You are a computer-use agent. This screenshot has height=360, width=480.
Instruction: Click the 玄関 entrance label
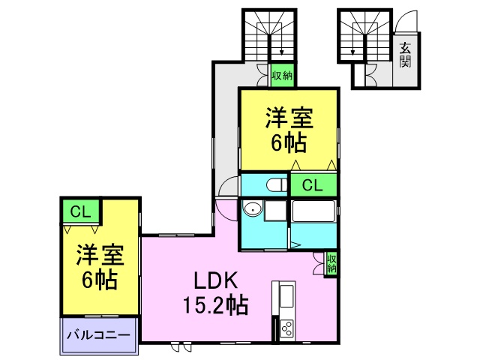(x=405, y=55)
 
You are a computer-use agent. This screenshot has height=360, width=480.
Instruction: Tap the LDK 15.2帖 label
(x=215, y=293)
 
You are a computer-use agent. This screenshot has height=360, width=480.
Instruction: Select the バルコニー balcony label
(x=98, y=335)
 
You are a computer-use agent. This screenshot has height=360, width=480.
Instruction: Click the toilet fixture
(x=276, y=185)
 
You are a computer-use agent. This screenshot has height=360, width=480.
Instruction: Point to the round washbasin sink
(x=253, y=209)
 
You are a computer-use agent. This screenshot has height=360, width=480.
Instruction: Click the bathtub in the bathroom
(x=313, y=211)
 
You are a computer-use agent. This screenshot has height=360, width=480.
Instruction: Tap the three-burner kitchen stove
(x=286, y=328)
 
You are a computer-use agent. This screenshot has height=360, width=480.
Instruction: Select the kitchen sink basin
(x=286, y=296)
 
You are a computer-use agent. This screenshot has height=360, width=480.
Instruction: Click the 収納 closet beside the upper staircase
(x=282, y=75)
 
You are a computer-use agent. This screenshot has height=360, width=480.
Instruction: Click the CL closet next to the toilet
(x=313, y=184)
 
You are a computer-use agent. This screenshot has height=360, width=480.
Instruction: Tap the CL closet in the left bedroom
(x=81, y=211)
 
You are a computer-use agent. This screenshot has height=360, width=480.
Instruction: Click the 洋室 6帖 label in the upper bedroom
(x=289, y=130)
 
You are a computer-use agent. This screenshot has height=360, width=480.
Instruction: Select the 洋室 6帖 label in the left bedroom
(x=100, y=267)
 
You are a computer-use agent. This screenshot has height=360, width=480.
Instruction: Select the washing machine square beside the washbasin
(x=275, y=211)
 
